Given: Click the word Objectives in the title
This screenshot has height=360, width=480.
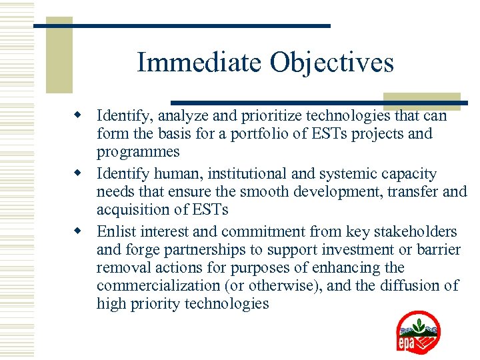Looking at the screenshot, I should point(332,63).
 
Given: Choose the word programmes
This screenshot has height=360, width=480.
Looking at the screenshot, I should point(138,152).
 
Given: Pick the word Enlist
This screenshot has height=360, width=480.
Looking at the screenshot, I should point(116,232).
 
